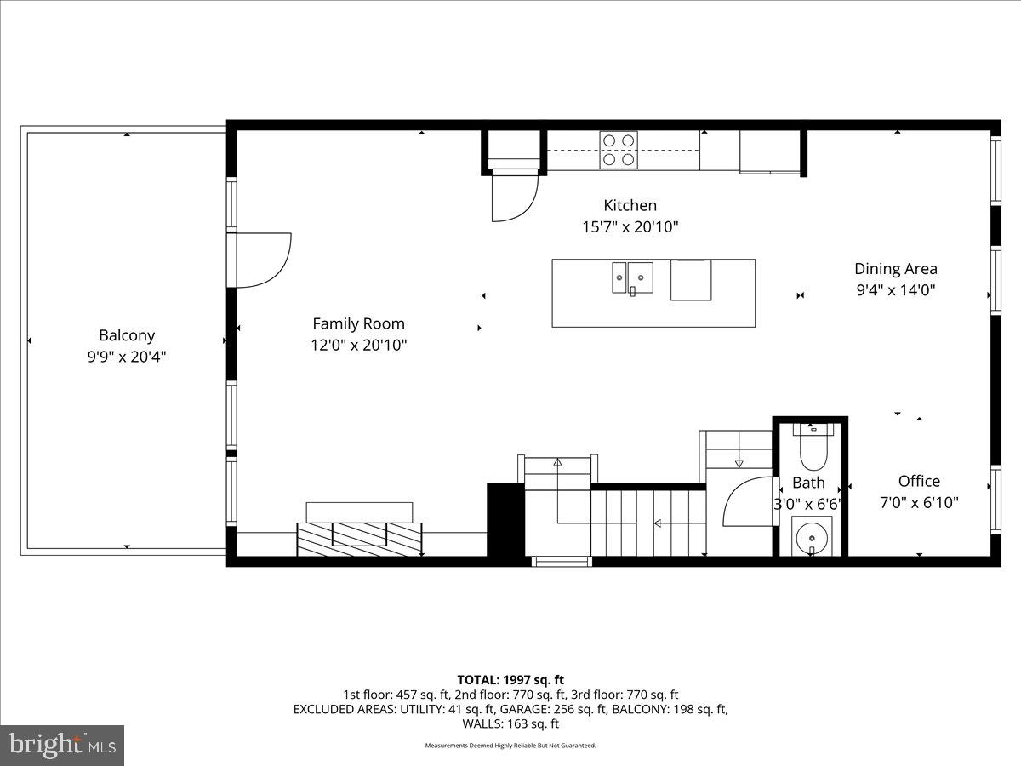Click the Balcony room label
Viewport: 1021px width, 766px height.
coord(127,335)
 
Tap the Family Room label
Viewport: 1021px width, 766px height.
coord(358,323)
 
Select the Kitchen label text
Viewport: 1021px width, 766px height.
coord(630,205)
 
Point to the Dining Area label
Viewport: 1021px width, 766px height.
coord(895,268)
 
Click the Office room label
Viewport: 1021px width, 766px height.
coord(919,481)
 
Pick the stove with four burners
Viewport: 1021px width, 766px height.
coord(619,149)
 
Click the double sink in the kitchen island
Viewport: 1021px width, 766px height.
coord(632,277)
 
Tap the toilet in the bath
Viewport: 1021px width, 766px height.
coord(813,449)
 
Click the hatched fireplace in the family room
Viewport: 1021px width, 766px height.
coord(359,534)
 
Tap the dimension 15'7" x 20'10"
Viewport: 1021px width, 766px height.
coord(630,227)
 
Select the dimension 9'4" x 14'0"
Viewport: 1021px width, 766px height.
coord(895,290)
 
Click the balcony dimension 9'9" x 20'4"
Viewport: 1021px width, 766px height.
coord(127,357)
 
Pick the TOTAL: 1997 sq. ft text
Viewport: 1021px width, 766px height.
coord(510,679)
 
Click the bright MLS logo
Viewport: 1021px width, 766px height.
coord(62,746)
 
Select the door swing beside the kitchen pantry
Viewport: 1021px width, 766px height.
coord(515,195)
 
